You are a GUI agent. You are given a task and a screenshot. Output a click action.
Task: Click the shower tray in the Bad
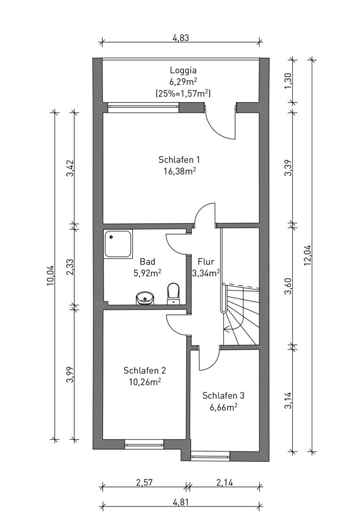coord(118,244)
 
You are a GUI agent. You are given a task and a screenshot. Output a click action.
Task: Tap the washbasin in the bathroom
coord(145,298)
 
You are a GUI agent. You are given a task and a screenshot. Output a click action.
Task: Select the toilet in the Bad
coord(173,293)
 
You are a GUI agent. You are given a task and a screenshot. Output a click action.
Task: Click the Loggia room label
coord(183,70)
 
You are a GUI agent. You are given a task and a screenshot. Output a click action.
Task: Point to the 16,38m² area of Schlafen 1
coord(183,171)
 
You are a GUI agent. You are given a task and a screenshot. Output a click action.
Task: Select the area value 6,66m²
coord(223,407)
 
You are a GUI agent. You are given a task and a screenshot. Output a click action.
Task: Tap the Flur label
coord(206,261)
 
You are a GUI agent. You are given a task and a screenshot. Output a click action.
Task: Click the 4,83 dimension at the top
coord(181,38)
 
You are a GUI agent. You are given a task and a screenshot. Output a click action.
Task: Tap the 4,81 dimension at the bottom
coord(181,502)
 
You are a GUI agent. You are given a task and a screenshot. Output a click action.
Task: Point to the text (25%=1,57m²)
coord(183,93)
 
